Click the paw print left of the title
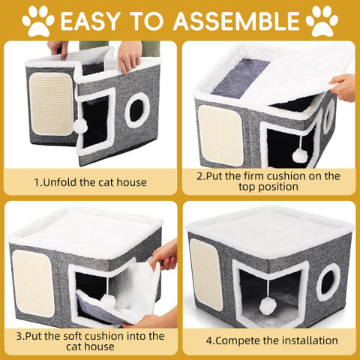38,21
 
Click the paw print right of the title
322,21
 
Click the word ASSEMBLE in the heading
236,21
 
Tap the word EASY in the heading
88,21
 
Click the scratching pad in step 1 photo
52,104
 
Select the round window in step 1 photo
137,110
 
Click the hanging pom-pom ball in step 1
80,126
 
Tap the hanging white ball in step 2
299,155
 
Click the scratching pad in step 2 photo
220,135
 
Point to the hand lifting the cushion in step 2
343,88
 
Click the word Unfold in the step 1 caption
60,182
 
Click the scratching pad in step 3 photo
34,283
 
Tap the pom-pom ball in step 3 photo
108,301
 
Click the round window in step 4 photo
328,278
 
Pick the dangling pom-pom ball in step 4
268,306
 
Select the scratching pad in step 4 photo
206,274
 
